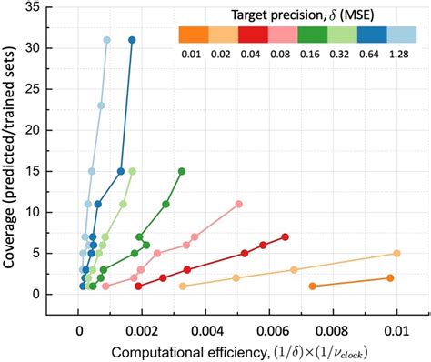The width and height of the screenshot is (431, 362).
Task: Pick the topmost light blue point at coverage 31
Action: pos(106,40)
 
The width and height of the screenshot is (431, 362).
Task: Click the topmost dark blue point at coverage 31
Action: pos(132,40)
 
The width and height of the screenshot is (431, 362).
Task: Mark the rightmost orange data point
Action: pos(390,278)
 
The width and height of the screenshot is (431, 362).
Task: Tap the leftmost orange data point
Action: pos(313,287)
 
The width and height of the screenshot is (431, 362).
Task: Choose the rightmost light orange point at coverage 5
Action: pos(396,254)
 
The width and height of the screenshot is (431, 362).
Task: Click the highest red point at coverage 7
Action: pos(286,237)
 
